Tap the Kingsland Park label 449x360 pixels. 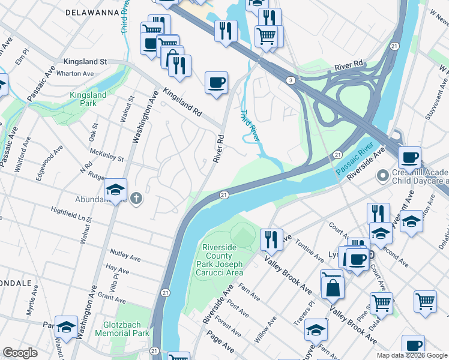point(88,99)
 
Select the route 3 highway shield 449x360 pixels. point(290,80)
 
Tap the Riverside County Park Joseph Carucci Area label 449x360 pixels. point(222,259)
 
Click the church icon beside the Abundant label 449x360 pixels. point(136,199)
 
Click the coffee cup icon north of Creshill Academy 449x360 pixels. point(409,158)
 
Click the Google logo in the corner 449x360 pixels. point(20,353)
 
